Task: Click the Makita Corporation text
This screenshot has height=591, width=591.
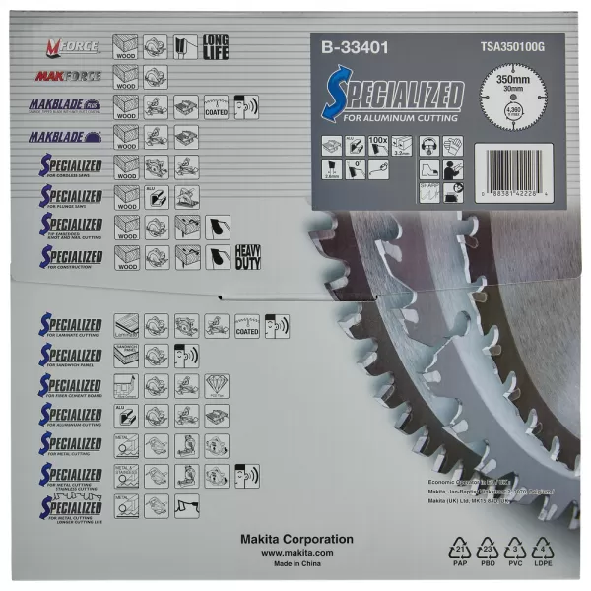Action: (x=296, y=540)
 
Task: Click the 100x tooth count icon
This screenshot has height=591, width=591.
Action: (x=376, y=145)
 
